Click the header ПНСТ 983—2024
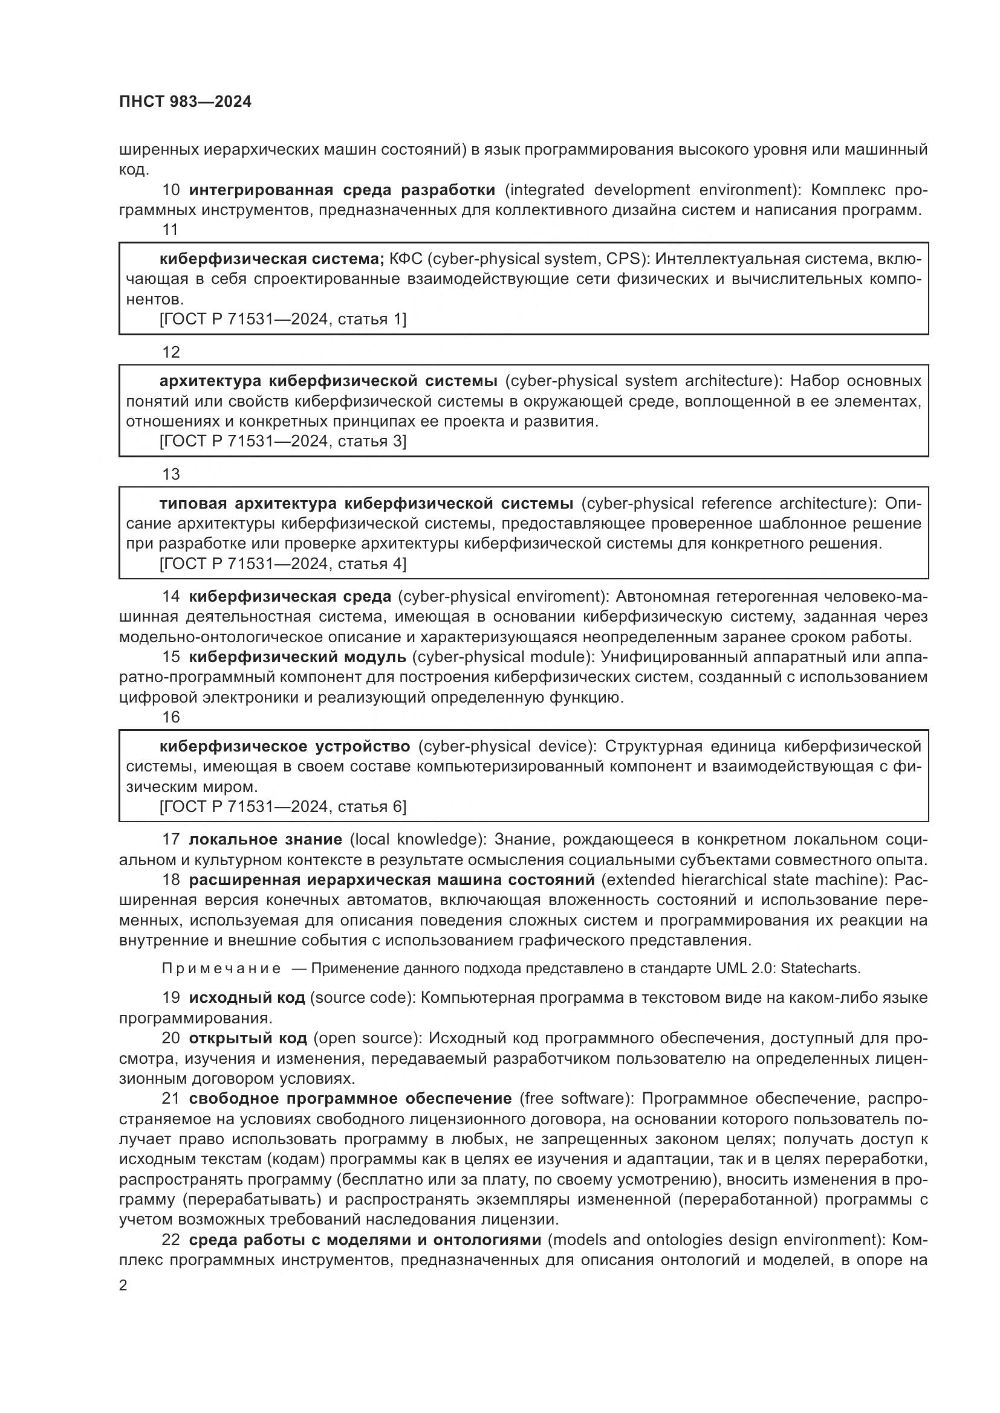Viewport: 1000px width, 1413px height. point(186,102)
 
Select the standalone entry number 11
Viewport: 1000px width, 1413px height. point(170,230)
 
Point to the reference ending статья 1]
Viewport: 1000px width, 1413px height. point(282,320)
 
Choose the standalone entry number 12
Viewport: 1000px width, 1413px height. point(170,352)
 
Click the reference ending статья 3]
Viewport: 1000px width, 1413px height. point(282,441)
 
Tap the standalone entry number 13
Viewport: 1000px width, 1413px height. point(170,474)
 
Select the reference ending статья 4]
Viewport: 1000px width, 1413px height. point(282,564)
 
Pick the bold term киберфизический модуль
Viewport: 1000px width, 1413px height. point(297,657)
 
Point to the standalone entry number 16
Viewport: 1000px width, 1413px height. point(170,717)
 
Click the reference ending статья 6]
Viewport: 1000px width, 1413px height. point(282,807)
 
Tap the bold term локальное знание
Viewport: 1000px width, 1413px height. point(265,840)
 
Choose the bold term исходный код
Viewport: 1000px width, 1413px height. point(247,997)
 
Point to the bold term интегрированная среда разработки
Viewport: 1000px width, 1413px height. point(342,190)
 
